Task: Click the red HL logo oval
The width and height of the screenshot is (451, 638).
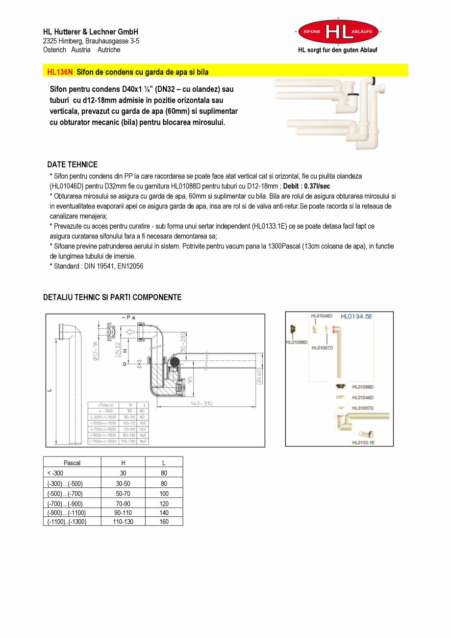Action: click(338, 31)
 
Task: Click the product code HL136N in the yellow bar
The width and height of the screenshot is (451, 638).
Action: click(60, 72)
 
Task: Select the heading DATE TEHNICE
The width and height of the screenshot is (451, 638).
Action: click(73, 164)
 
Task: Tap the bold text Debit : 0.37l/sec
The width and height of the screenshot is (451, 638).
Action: click(306, 186)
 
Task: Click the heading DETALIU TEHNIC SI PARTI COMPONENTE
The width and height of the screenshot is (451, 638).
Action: click(112, 297)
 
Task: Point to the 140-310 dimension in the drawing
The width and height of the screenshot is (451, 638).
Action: click(201, 403)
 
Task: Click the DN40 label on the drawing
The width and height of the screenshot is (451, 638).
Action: click(259, 377)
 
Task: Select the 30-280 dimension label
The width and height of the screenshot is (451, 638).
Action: click(183, 343)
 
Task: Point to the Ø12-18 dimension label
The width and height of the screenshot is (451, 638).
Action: click(96, 351)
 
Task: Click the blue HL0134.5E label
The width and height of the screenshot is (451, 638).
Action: click(356, 317)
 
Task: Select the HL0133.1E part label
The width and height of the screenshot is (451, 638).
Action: click(363, 442)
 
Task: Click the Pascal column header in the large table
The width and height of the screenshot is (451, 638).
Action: click(72, 462)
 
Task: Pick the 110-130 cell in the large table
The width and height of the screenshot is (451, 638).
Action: click(123, 522)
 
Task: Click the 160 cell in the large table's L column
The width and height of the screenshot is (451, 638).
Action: click(164, 522)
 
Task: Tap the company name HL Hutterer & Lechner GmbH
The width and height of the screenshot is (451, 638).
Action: click(91, 32)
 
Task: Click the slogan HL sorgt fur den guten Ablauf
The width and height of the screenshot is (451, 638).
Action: click(338, 50)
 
